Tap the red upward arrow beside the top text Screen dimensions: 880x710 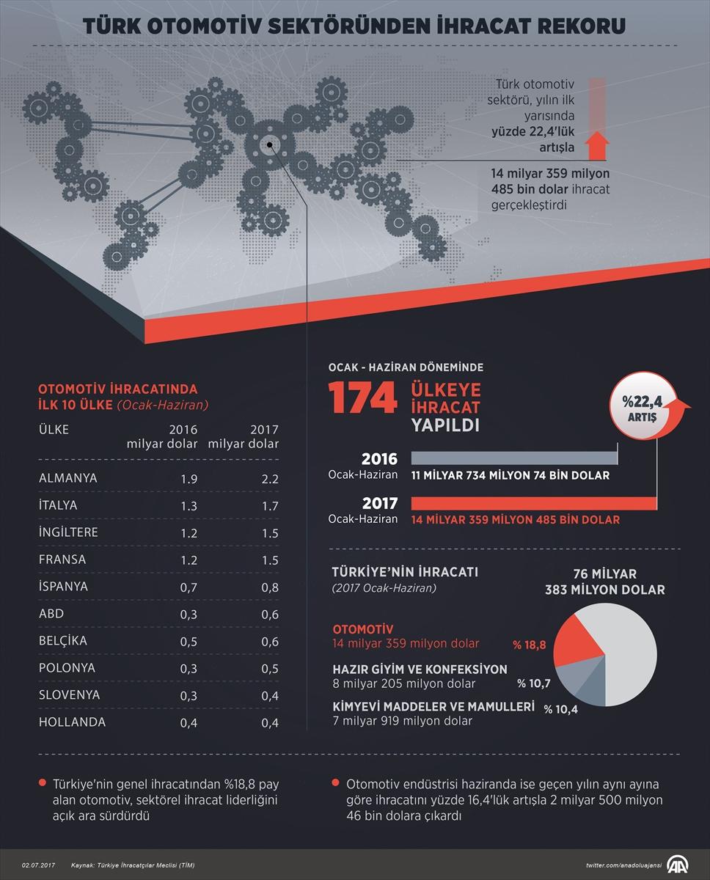599,144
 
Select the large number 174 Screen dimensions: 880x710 362,398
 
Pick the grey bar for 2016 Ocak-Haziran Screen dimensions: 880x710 514,458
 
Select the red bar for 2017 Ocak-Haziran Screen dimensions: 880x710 533,503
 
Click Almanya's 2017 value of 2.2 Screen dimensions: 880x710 270,478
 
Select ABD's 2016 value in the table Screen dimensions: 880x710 189,614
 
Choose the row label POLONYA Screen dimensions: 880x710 65,668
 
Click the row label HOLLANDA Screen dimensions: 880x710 72,722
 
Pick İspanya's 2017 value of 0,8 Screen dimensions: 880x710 270,587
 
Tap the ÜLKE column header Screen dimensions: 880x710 54,430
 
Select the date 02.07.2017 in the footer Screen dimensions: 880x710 37,866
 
